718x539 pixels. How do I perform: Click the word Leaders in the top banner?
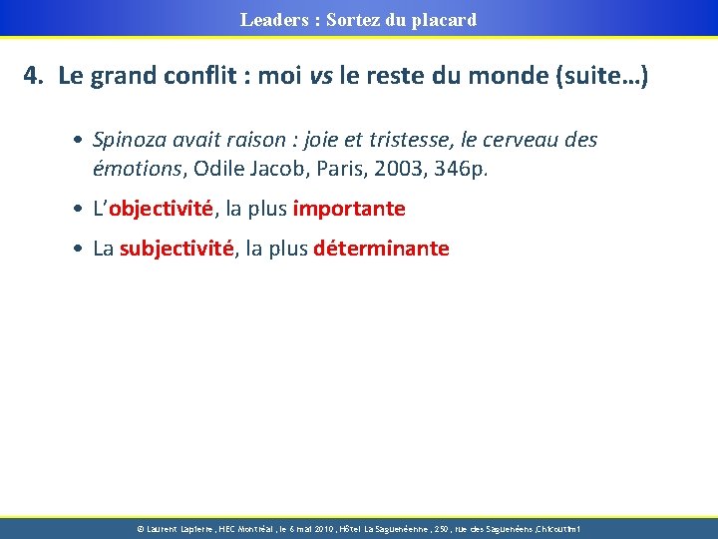[271, 19]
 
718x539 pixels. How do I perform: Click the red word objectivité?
[162, 209]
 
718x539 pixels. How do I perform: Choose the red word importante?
[349, 209]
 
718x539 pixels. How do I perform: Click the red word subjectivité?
[176, 249]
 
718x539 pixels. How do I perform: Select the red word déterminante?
[381, 249]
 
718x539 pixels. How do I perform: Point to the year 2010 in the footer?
[320, 528]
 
